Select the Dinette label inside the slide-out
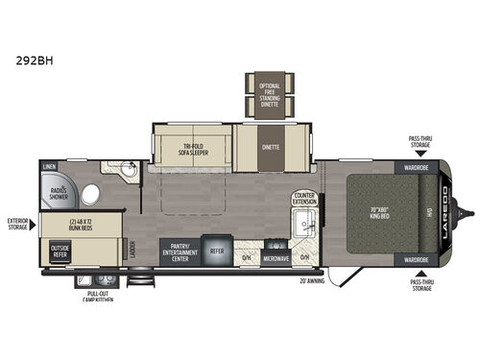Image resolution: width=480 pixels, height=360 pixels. pos(270,148)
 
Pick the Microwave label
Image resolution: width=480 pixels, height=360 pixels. pos(276,256)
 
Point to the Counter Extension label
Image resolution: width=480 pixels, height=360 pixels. pos(304,199)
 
